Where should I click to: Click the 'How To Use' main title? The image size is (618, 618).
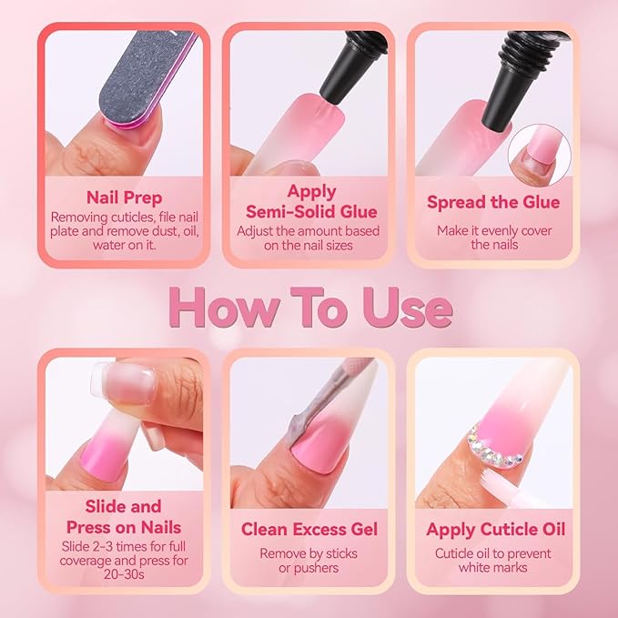pos(309,309)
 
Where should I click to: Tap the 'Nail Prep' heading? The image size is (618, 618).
pos(125,197)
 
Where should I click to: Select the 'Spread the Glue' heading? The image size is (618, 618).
pos(492,202)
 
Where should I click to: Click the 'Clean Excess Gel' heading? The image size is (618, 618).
pos(309,529)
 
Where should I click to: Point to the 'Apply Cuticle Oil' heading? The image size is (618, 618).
pos(495,529)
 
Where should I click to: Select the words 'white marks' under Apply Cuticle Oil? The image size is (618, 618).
pos(492,568)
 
